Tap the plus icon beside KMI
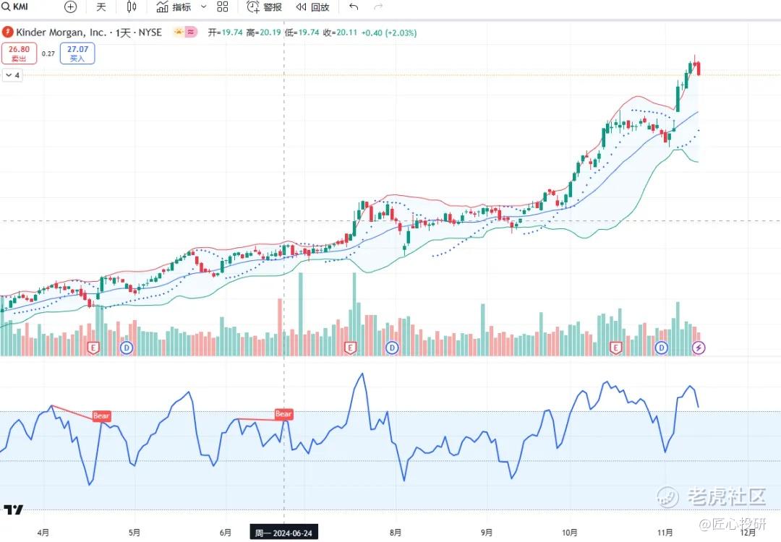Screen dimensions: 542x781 [70, 7]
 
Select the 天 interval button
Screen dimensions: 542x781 [101, 7]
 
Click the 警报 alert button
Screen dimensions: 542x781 [265, 7]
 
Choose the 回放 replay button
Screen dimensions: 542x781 [312, 7]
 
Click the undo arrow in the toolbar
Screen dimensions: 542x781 [354, 7]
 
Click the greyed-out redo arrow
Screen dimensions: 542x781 [378, 7]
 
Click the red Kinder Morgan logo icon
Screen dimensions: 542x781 [7, 33]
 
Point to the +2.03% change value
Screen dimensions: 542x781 [401, 33]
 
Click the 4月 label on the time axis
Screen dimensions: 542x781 [43, 533]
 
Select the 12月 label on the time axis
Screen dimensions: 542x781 [748, 533]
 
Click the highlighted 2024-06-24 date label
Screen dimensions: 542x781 [283, 533]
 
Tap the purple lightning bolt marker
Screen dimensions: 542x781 [699, 348]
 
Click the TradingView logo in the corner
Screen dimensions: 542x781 [13, 510]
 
